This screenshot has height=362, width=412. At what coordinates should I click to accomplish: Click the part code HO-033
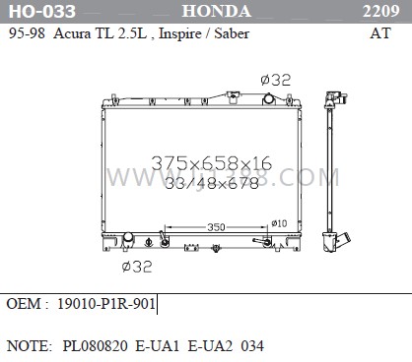(x=34, y=12)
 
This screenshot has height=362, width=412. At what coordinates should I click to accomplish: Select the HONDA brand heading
(x=216, y=12)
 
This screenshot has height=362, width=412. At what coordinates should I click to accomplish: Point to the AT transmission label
(x=379, y=31)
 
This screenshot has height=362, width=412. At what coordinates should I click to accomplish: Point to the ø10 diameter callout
(x=280, y=223)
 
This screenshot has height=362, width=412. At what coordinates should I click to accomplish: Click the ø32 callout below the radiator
(x=136, y=266)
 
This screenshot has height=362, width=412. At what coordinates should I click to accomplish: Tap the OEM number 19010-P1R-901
(x=106, y=304)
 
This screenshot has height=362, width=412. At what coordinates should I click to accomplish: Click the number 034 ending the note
(x=251, y=346)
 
